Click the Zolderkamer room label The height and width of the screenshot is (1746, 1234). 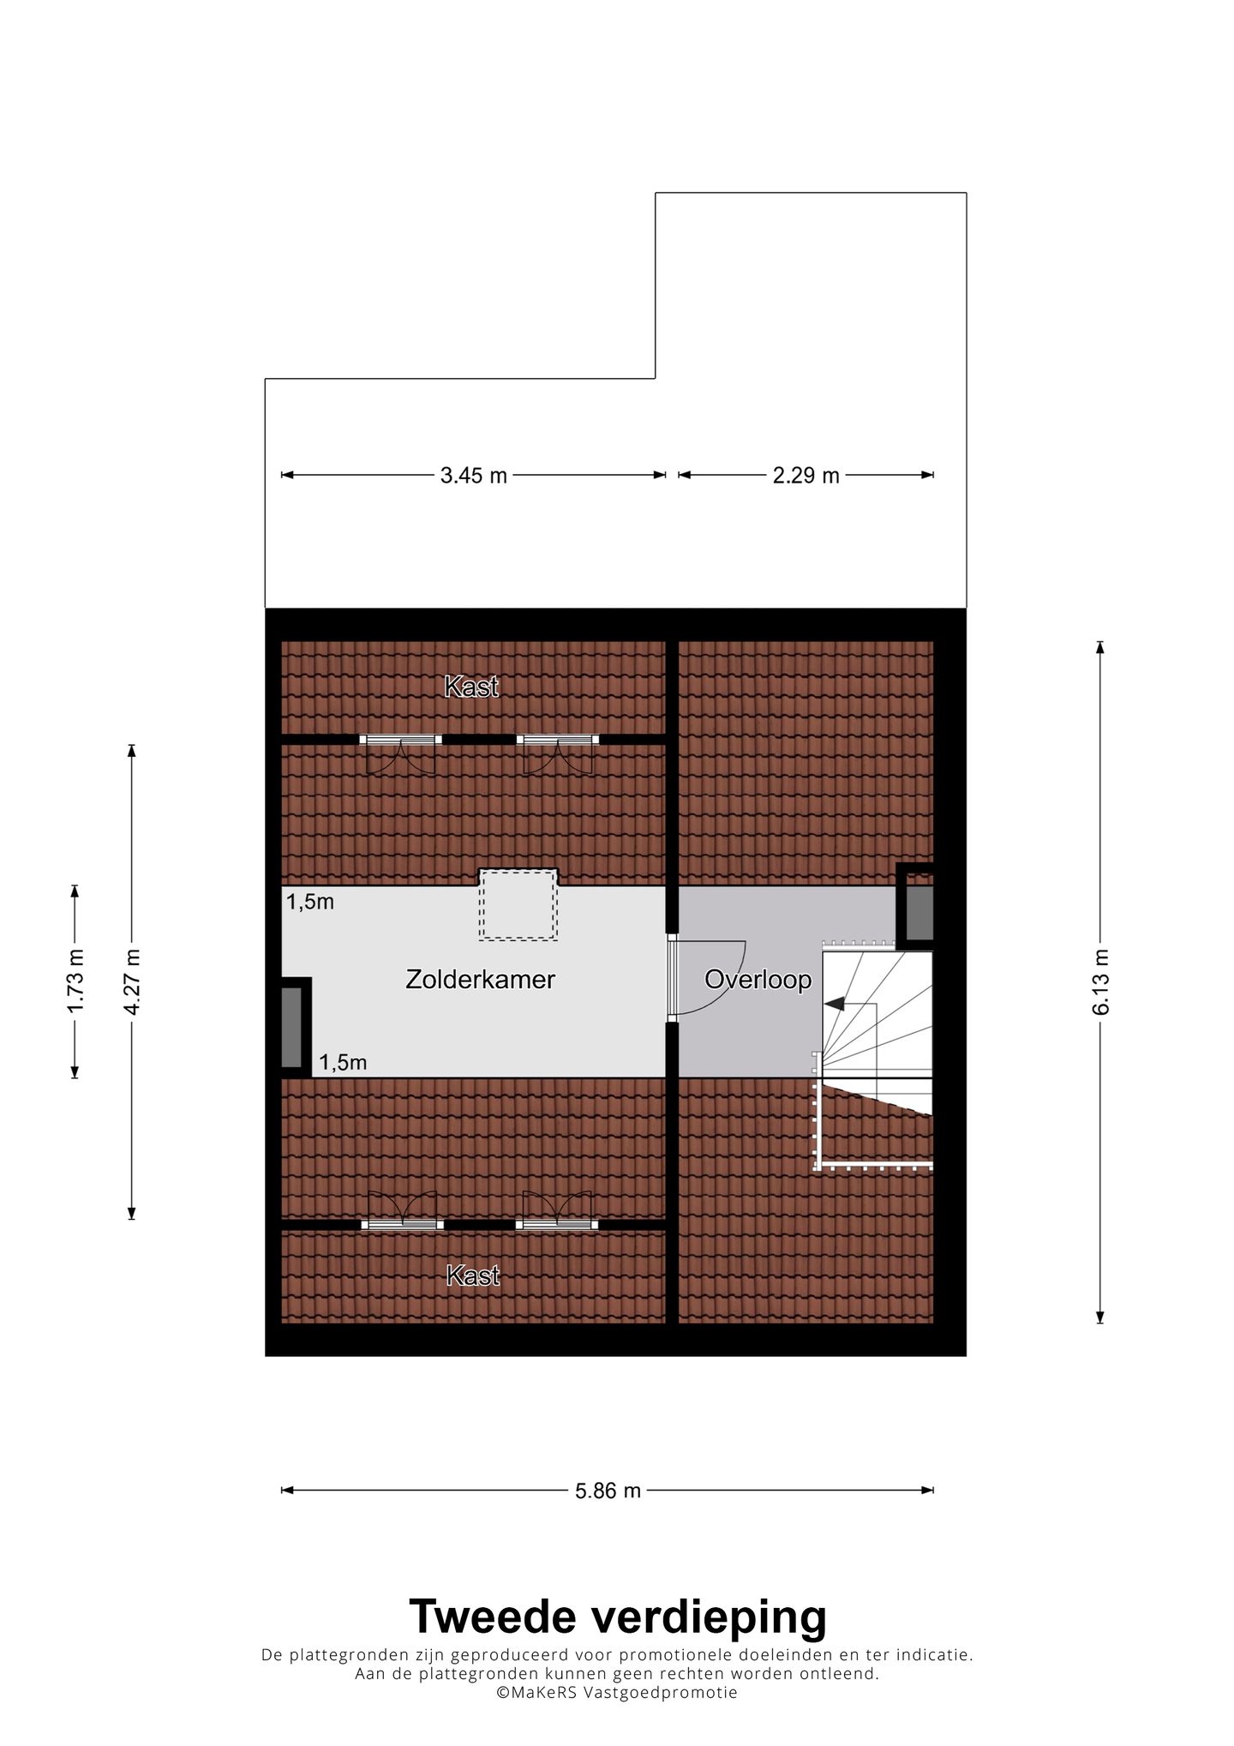[x=480, y=980]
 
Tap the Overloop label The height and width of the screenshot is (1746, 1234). [x=758, y=980]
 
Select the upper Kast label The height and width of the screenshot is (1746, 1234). [x=470, y=687]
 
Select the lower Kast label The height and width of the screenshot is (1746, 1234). [x=472, y=1276]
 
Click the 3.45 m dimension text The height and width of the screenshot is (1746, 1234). [x=473, y=476]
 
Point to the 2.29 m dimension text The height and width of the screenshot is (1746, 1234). [x=806, y=476]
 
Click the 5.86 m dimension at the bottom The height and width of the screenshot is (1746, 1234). [x=608, y=1491]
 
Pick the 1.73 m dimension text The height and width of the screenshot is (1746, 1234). [x=75, y=981]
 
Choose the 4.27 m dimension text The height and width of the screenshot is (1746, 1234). [x=131, y=981]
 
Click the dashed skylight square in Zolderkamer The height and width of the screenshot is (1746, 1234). [x=518, y=904]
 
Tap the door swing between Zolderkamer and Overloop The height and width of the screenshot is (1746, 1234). [x=711, y=977]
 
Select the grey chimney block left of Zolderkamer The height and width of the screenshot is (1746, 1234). [x=292, y=1026]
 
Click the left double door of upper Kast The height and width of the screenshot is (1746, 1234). [x=400, y=750]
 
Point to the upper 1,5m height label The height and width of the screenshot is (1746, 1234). [x=309, y=902]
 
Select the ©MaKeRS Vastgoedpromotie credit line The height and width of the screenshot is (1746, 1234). [x=616, y=1692]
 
